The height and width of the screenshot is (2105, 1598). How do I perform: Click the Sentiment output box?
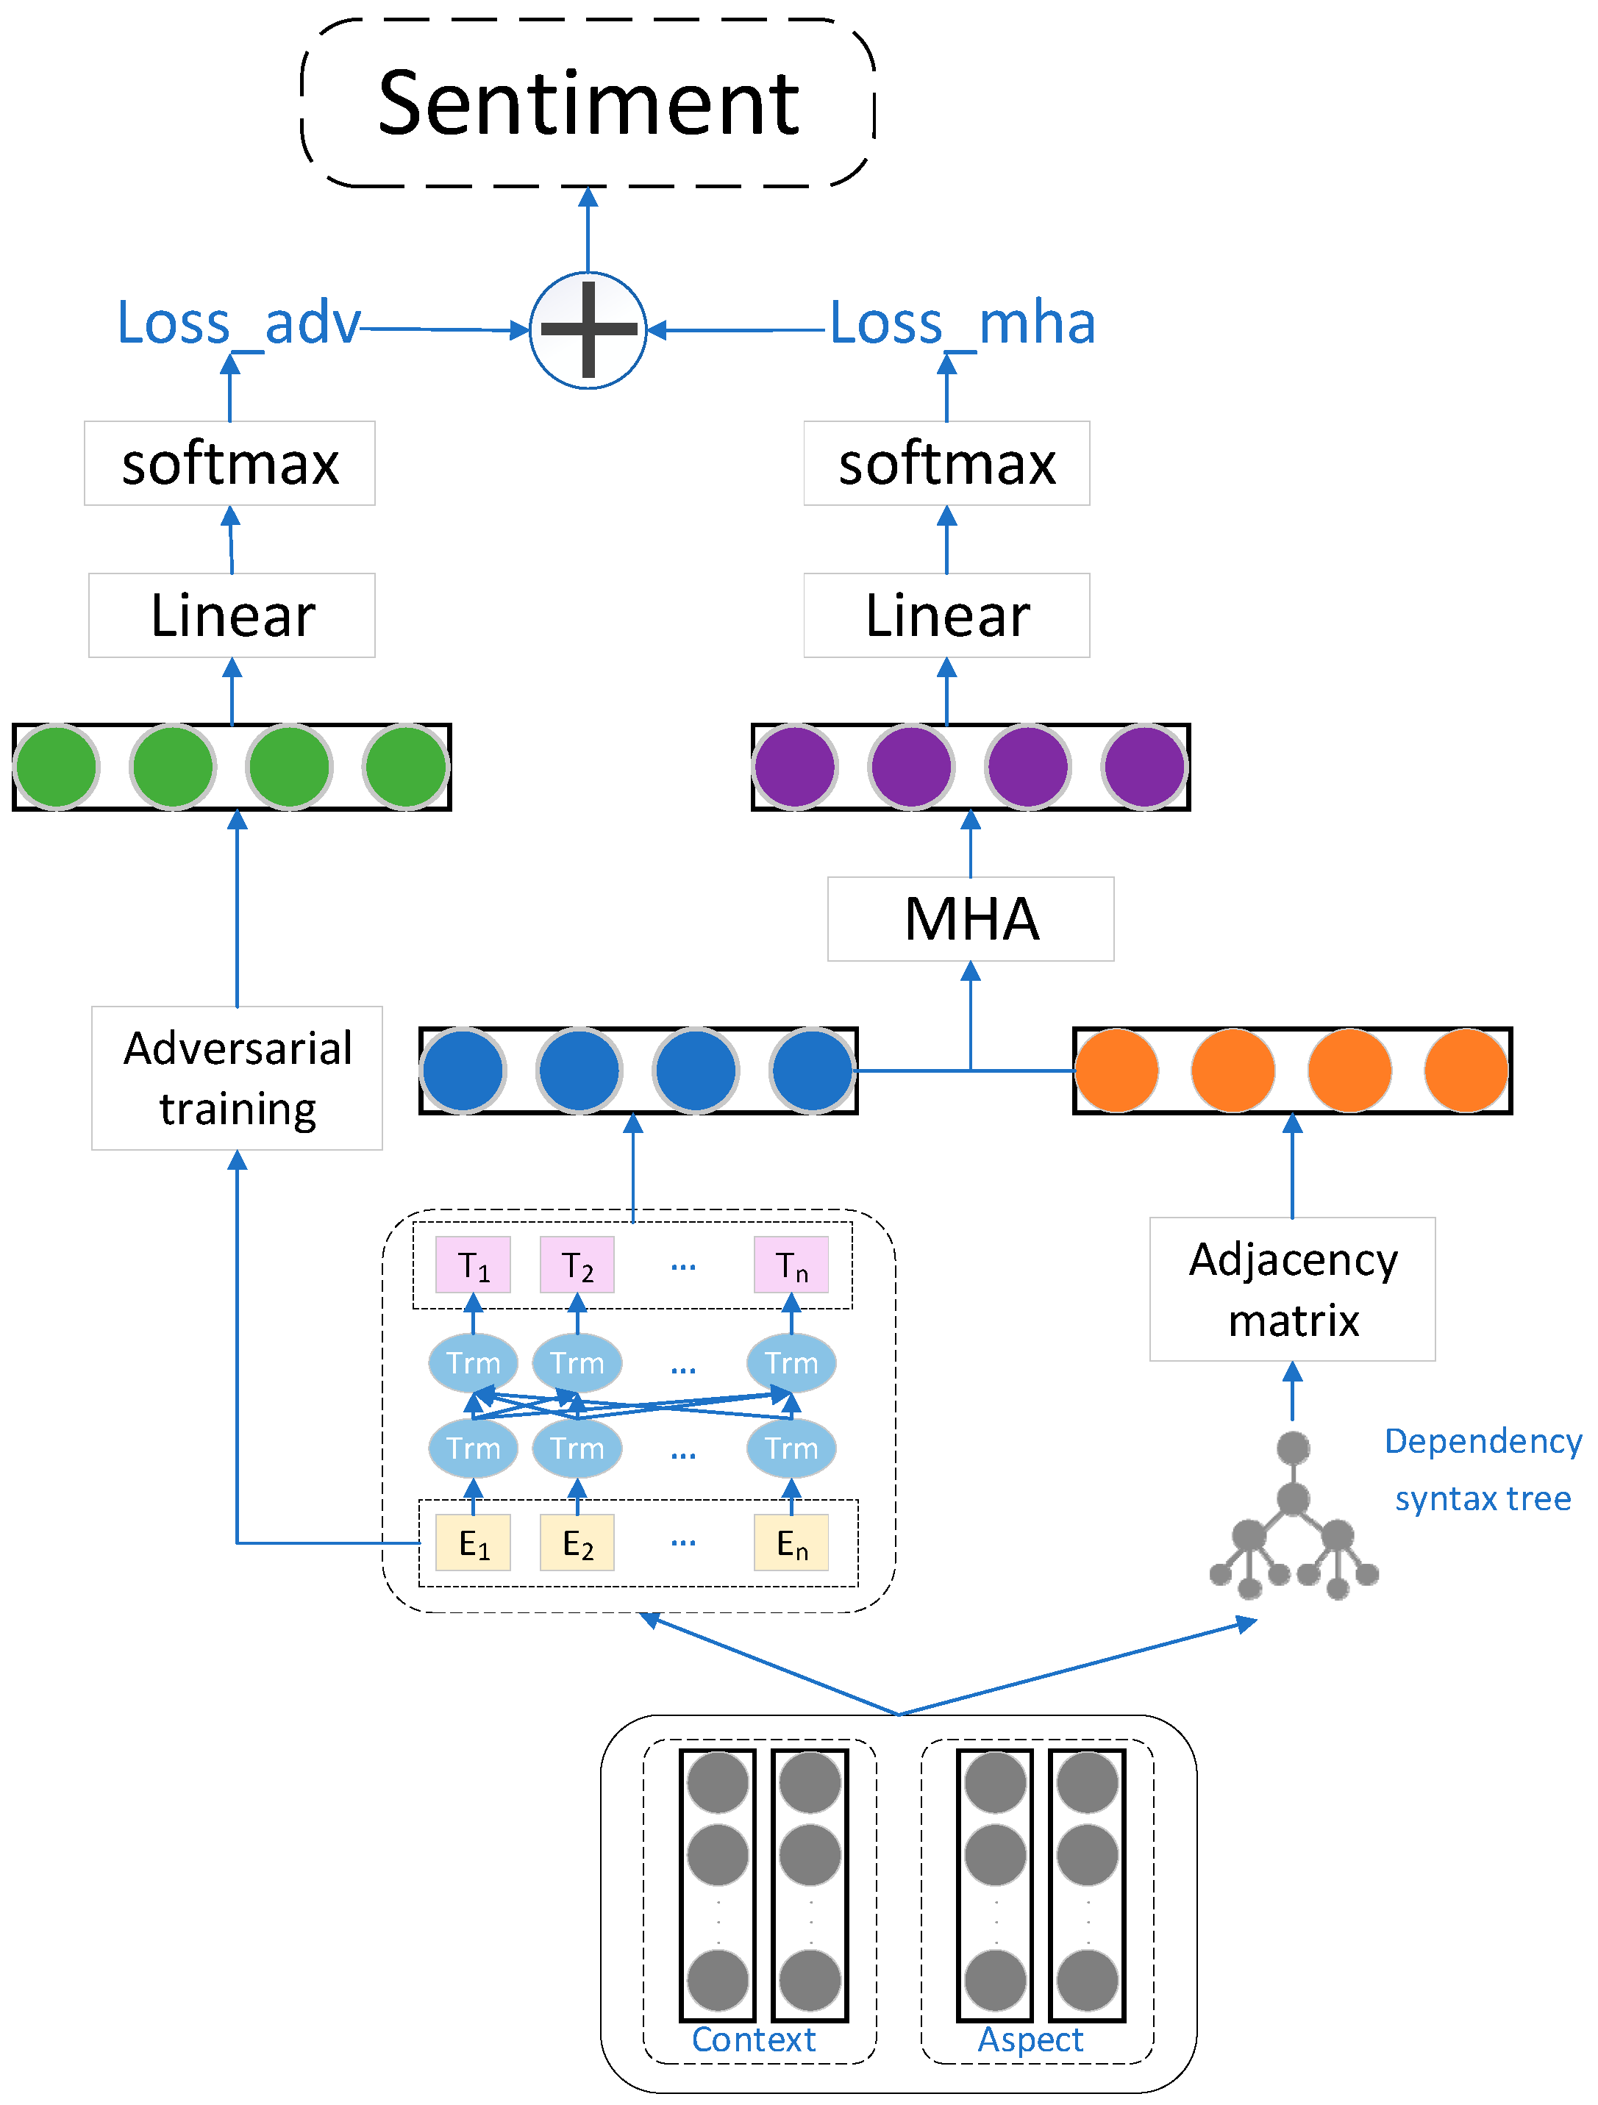(588, 103)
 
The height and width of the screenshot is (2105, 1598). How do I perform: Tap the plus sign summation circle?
(588, 330)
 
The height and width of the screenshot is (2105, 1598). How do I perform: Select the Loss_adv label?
(238, 323)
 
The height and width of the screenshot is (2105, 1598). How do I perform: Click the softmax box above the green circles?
(229, 463)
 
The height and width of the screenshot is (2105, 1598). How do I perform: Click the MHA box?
(970, 918)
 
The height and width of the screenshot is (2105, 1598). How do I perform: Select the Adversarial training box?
(237, 1077)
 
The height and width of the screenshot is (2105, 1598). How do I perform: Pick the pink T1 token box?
(473, 1265)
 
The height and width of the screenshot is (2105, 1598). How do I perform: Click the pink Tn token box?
(791, 1265)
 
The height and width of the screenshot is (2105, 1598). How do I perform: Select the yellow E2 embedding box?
(577, 1543)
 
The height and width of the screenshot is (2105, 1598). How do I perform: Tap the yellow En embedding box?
(791, 1543)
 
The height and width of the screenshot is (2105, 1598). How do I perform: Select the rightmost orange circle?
(1466, 1071)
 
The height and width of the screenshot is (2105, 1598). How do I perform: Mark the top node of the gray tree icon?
(1293, 1448)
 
